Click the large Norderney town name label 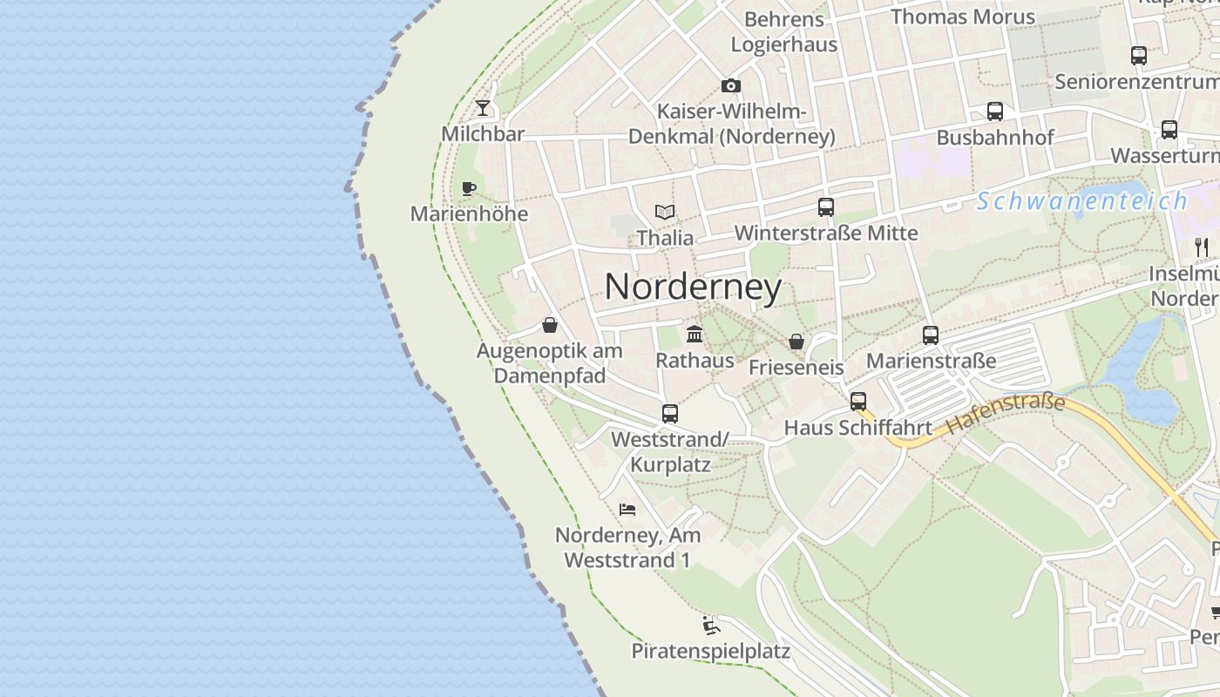pos(693,287)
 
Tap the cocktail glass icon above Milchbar pos(483,108)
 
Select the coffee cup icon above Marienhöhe pos(469,188)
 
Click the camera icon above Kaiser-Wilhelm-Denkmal pos(731,85)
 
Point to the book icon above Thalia pos(665,212)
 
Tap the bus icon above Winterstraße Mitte pos(826,207)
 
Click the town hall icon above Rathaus pos(695,334)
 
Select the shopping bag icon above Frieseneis pos(796,342)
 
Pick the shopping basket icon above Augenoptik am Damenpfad pos(550,325)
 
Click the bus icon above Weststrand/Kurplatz pos(669,414)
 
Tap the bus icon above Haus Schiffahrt pos(858,402)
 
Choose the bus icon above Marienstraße pos(931,335)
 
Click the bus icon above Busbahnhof pos(995,112)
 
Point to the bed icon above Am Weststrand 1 pos(627,509)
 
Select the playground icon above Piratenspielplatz pos(711,626)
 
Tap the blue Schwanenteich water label pos(1081,201)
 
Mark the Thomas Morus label pos(963,17)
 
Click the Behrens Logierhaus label pos(784,32)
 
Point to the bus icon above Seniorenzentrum pos(1139,56)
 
